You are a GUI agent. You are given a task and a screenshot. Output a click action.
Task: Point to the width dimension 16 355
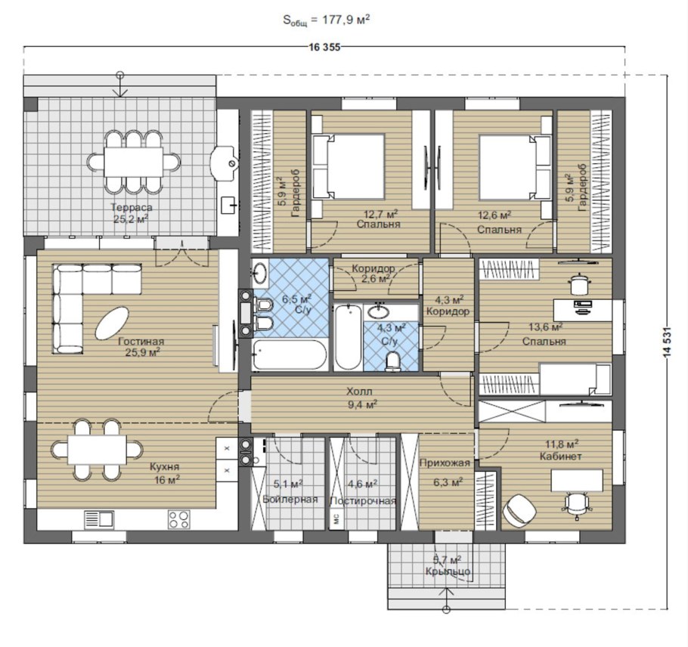[324, 48]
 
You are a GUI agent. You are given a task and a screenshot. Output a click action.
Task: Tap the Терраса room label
[132, 207]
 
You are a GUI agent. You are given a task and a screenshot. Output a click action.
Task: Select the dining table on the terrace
[133, 162]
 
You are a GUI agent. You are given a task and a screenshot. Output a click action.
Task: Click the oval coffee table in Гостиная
[112, 323]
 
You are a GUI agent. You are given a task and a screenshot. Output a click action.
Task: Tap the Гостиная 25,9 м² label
[141, 346]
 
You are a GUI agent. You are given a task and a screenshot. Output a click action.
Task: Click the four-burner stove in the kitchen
[179, 519]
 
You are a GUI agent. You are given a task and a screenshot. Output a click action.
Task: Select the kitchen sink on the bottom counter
[99, 519]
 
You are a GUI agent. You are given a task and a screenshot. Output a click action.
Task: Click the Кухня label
[164, 466]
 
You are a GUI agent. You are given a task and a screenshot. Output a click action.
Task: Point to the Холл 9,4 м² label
[362, 398]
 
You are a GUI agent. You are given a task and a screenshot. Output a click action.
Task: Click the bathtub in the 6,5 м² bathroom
[290, 354]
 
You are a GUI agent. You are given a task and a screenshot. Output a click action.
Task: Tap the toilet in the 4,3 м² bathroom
[392, 361]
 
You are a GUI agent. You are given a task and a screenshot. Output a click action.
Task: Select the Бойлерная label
[290, 500]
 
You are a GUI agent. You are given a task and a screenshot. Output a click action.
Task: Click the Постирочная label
[363, 501]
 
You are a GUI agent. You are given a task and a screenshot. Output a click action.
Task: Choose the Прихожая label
[445, 463]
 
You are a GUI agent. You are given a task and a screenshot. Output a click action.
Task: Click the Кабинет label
[560, 457]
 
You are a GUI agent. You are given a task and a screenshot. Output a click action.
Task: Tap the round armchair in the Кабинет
[519, 509]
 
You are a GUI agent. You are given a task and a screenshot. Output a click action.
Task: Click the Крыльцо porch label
[448, 571]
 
